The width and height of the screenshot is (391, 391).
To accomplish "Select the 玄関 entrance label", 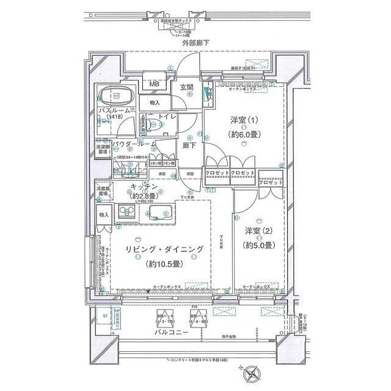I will click(x=187, y=87).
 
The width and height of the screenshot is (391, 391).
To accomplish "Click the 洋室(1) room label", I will click(x=243, y=120).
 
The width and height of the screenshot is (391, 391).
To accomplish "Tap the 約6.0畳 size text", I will click(x=243, y=134).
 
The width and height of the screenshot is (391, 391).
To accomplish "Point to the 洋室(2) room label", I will click(x=258, y=231).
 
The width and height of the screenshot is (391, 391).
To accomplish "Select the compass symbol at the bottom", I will click(x=253, y=370).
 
